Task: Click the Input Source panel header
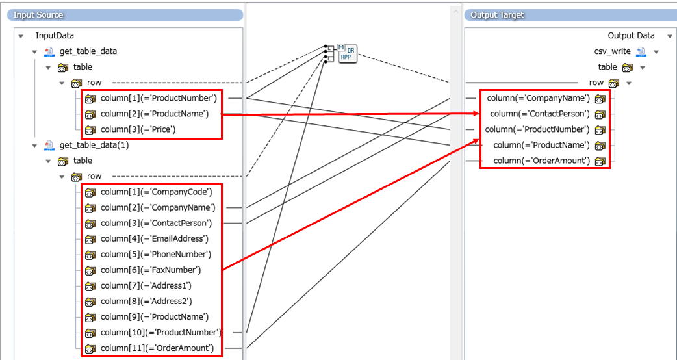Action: (39, 14)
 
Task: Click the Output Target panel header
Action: (497, 14)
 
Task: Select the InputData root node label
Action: (55, 36)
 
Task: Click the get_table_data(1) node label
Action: (94, 145)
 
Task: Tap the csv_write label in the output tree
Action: (612, 51)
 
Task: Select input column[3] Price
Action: (138, 129)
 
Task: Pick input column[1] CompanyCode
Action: (156, 192)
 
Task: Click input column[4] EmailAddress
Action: (154, 238)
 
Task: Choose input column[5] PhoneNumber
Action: (156, 254)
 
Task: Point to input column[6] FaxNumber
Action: (151, 270)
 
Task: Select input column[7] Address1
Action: (146, 285)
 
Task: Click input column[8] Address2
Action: (146, 301)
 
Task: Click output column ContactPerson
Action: (540, 114)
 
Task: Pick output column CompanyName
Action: (539, 98)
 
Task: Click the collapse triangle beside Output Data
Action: (669, 36)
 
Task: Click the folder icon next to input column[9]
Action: (90, 317)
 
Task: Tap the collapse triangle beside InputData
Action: (21, 36)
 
